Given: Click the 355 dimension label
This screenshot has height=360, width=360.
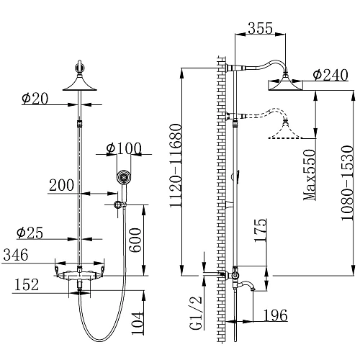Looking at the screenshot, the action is [261, 28].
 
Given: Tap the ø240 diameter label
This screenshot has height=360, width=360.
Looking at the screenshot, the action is [330, 75].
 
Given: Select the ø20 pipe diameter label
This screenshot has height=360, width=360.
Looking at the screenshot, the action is [35, 99].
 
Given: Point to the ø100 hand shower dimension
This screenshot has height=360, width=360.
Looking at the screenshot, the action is [124, 148].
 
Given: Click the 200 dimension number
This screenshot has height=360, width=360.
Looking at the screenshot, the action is [62, 185].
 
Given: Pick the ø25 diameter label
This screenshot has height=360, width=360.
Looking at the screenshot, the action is [30, 233].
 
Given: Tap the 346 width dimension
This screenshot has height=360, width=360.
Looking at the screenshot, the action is [16, 255].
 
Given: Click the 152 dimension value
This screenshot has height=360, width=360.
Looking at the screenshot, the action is [27, 284].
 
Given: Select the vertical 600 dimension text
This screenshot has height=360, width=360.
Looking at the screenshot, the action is [136, 240].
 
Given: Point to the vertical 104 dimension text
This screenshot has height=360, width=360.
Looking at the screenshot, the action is [138, 323].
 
